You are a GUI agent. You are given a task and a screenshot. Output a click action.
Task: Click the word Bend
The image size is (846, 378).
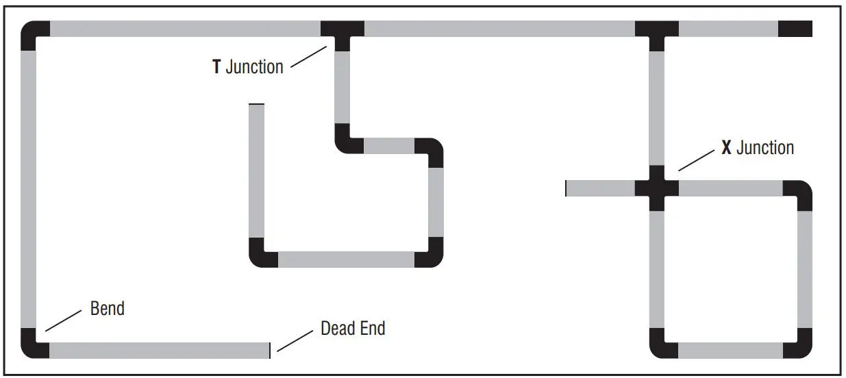click(x=108, y=308)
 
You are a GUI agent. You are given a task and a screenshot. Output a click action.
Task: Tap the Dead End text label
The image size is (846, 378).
click(x=353, y=329)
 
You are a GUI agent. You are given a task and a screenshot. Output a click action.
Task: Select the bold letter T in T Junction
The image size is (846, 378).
click(x=216, y=67)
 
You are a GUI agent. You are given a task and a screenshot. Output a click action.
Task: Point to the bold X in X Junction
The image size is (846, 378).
click(x=727, y=148)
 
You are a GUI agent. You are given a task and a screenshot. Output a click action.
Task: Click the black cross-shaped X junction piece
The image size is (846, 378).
click(x=656, y=188)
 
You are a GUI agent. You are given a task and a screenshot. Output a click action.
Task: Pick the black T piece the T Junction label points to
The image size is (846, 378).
click(x=342, y=32)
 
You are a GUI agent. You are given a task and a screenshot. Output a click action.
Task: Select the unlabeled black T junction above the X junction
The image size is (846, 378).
click(x=656, y=32)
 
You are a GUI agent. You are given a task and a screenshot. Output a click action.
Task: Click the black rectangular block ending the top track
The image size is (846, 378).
click(x=795, y=29)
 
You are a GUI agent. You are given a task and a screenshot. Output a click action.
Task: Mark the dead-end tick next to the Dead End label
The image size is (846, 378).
click(x=270, y=350)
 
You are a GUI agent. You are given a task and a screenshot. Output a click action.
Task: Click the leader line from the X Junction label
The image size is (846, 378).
click(x=697, y=161)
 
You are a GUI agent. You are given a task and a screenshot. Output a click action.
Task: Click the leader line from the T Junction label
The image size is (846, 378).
click(x=308, y=57)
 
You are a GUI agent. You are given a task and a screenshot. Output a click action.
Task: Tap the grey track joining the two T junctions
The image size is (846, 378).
click(x=499, y=29)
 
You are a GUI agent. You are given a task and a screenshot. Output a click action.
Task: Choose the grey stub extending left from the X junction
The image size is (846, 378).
click(x=600, y=188)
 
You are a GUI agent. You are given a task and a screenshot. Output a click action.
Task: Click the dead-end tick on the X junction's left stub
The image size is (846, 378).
click(x=566, y=188)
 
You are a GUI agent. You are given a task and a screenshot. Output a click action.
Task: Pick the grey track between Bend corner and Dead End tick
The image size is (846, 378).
click(x=158, y=350)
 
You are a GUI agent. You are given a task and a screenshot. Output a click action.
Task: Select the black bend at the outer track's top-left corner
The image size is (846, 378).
click(x=33, y=34)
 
